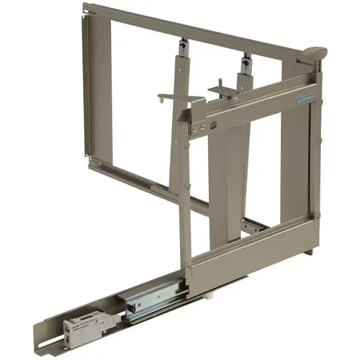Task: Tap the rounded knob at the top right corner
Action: coord(315,53)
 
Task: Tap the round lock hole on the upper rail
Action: coord(214,127)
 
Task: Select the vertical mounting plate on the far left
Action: coord(89,79)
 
